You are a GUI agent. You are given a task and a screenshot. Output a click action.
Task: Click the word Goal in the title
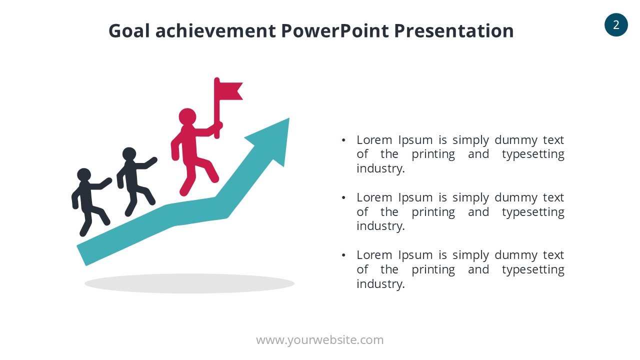click(129, 31)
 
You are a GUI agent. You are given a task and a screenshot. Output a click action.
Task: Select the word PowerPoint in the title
click(335, 31)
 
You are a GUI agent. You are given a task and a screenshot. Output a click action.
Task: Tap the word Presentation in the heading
click(454, 31)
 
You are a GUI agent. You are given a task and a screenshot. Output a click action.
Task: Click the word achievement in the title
click(215, 31)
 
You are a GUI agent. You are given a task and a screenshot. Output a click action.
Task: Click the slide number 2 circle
click(616, 25)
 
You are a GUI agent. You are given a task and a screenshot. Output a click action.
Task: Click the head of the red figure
click(187, 117)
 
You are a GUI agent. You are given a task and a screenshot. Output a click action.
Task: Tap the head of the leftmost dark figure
click(84, 175)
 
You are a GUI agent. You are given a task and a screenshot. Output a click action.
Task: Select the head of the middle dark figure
click(129, 154)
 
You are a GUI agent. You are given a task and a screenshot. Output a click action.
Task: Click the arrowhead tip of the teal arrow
click(289, 118)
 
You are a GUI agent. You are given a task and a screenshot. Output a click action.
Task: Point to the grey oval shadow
click(189, 283)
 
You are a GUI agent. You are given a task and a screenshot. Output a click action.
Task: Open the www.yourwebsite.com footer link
click(319, 340)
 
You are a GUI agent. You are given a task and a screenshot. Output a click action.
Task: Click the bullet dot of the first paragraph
click(343, 140)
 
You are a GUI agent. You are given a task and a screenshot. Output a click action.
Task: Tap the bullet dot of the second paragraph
click(343, 197)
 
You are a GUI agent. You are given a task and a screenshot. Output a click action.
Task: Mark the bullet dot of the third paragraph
click(343, 255)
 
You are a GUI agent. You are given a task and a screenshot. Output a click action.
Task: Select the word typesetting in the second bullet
click(533, 212)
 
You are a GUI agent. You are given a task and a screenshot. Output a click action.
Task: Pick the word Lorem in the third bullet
click(374, 255)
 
